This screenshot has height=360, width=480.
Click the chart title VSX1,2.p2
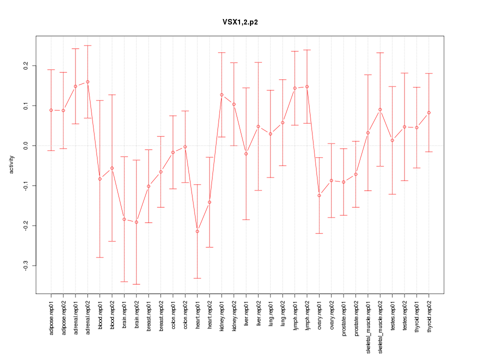point(240,22)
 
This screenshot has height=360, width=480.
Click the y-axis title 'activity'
point(11,165)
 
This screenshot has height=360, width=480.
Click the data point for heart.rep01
point(197,231)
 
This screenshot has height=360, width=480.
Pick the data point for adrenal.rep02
point(87,81)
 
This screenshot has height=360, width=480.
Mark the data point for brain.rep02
point(136,222)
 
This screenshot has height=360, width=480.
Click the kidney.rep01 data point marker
point(221,94)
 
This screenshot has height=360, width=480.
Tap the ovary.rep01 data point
point(319,195)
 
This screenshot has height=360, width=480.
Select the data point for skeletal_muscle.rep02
point(380,109)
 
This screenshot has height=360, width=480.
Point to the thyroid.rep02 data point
point(429,112)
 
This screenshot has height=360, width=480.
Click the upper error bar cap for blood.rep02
point(112,94)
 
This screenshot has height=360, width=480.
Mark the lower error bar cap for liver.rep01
point(246,220)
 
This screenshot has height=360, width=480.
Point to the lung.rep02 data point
point(282,122)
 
